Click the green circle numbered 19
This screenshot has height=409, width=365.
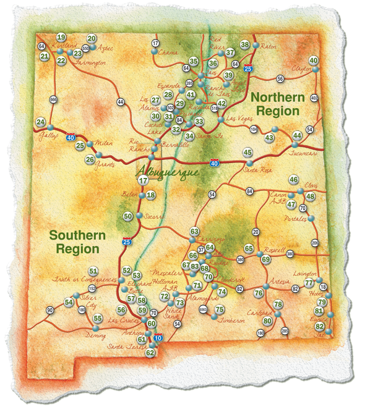pyautogui.click(x=61, y=37)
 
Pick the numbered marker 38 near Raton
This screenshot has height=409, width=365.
pyautogui.click(x=245, y=44)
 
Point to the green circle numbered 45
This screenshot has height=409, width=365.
pyautogui.click(x=247, y=152)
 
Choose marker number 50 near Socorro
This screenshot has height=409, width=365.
pyautogui.click(x=127, y=216)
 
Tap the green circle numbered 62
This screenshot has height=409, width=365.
pyautogui.click(x=150, y=352)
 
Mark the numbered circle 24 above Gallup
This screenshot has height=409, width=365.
pyautogui.click(x=41, y=122)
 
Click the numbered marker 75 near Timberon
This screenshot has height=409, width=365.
pyautogui.click(x=218, y=309)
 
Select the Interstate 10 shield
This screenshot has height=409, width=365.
pyautogui.click(x=158, y=338)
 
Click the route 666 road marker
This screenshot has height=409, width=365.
pyautogui.click(x=53, y=99)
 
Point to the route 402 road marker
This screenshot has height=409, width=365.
pyautogui.click(x=314, y=98)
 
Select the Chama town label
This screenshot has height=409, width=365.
pyautogui.click(x=168, y=53)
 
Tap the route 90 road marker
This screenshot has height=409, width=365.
pyautogui.click(x=49, y=310)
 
